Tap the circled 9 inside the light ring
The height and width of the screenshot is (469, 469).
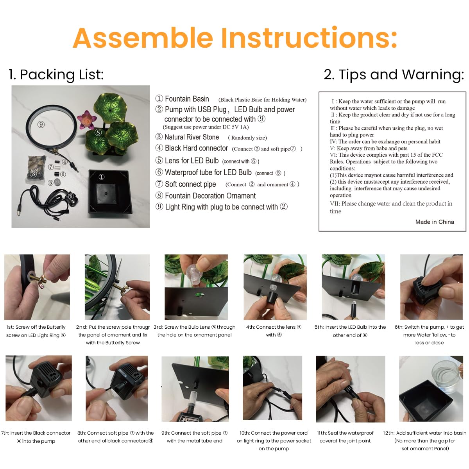41,125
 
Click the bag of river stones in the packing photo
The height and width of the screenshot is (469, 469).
36,169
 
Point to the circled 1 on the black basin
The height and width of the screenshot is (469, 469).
102,177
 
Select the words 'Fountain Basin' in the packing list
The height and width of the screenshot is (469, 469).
187,99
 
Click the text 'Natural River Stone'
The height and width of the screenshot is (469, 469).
192,137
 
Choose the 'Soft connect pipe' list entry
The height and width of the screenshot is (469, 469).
190,184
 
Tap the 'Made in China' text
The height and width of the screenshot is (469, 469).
435,222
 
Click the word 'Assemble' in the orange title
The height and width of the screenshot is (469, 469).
143,38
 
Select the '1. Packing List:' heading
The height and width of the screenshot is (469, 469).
56,75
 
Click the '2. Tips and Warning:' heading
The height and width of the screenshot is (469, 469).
394,75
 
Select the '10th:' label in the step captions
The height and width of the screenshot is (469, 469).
244,433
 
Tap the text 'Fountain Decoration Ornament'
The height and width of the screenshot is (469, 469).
210,196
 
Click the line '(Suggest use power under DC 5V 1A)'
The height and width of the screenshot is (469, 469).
206,127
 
